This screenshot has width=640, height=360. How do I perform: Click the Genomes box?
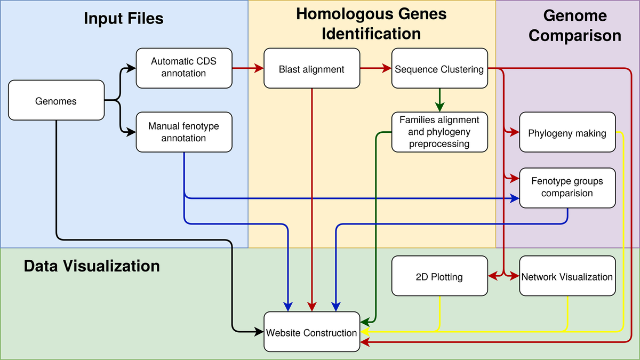56,100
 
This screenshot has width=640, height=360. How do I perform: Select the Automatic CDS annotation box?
184,68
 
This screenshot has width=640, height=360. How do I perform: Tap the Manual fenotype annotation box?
184,132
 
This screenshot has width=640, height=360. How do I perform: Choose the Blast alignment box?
311,69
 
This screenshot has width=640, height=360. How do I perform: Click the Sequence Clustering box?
439,69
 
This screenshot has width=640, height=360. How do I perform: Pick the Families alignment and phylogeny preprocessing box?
439,132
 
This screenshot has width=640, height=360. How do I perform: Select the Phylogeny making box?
567,133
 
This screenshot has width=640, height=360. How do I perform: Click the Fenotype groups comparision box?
567,187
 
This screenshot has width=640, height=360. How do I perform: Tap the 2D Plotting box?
439,276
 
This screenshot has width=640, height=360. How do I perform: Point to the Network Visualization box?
567,276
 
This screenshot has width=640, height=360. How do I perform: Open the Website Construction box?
311,332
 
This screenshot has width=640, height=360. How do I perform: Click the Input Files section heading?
124,19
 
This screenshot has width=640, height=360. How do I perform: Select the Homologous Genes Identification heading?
372,24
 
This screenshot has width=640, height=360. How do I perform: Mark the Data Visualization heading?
92,266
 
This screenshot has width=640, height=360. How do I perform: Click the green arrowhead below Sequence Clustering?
439,107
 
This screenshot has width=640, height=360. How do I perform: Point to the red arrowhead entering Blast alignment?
260,68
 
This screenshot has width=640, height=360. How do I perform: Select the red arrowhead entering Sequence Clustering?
387,68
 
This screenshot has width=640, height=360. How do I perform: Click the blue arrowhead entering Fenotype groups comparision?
515,198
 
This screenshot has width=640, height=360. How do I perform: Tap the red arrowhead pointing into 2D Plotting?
493,276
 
